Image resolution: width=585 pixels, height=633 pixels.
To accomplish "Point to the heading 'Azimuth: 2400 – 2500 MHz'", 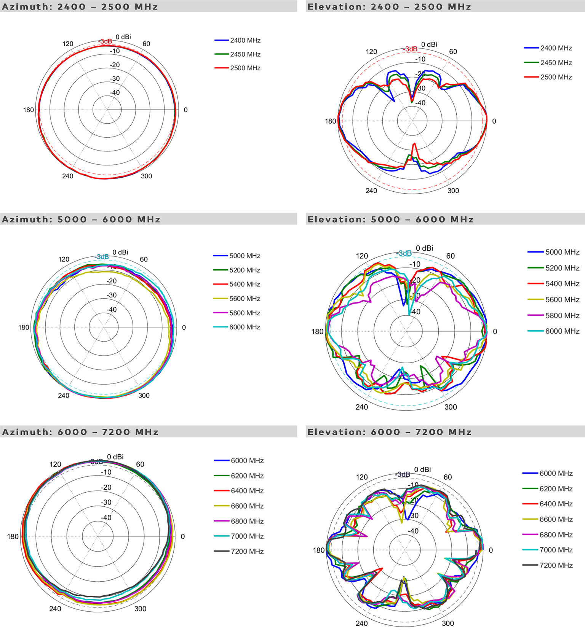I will [x=80, y=7].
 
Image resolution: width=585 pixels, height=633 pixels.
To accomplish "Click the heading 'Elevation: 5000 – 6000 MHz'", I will [x=390, y=219].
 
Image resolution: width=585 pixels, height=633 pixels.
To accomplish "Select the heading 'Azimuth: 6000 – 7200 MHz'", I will [x=80, y=432].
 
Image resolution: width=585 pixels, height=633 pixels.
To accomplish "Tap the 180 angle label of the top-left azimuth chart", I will [x=29, y=110].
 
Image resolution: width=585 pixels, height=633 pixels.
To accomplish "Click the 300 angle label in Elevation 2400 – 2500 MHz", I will [x=453, y=191].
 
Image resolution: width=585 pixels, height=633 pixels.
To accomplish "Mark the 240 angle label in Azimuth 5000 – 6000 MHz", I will [x=64, y=396].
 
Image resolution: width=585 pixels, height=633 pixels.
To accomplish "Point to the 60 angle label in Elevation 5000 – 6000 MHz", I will [x=451, y=256].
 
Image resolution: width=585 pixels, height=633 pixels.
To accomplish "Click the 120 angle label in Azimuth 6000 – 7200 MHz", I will [x=56, y=464].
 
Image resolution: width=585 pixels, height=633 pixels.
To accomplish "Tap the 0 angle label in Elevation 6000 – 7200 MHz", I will [x=491, y=550].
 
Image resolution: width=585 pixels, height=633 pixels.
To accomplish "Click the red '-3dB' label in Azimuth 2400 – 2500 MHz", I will [x=105, y=41].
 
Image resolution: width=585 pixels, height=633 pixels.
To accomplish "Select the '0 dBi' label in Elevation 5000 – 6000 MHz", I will [x=424, y=248].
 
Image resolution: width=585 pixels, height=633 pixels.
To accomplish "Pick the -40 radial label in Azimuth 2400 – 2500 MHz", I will [x=115, y=92].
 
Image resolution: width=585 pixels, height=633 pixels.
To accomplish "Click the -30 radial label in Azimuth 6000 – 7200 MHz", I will [x=106, y=502].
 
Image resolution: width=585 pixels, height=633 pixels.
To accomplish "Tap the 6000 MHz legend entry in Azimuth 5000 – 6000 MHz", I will [x=245, y=327].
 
